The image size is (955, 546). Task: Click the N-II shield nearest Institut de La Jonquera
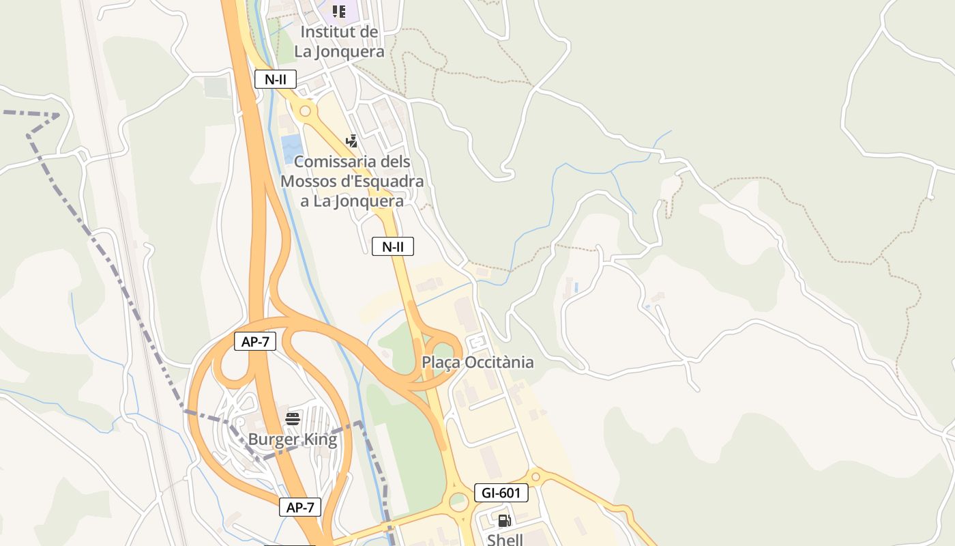[x=276, y=79]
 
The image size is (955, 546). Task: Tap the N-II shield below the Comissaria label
[x=393, y=246]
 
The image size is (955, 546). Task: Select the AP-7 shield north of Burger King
[x=255, y=342]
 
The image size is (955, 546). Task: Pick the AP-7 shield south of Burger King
[x=300, y=507]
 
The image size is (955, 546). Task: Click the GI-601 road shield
[x=501, y=493]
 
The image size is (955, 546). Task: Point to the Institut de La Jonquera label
[x=339, y=42]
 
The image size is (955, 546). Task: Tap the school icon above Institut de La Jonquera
[x=339, y=12]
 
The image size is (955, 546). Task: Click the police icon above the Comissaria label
[x=352, y=141]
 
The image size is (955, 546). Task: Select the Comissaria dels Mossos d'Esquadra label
[x=352, y=182]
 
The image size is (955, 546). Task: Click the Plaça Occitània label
[x=477, y=362]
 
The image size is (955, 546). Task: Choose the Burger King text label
[x=293, y=440]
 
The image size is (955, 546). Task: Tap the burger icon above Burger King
[x=293, y=418]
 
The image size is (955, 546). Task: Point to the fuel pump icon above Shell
[x=505, y=521]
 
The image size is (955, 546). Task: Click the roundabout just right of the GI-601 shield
[x=535, y=476]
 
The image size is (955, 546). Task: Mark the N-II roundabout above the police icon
[x=305, y=111]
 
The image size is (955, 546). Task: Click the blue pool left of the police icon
[x=292, y=147]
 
